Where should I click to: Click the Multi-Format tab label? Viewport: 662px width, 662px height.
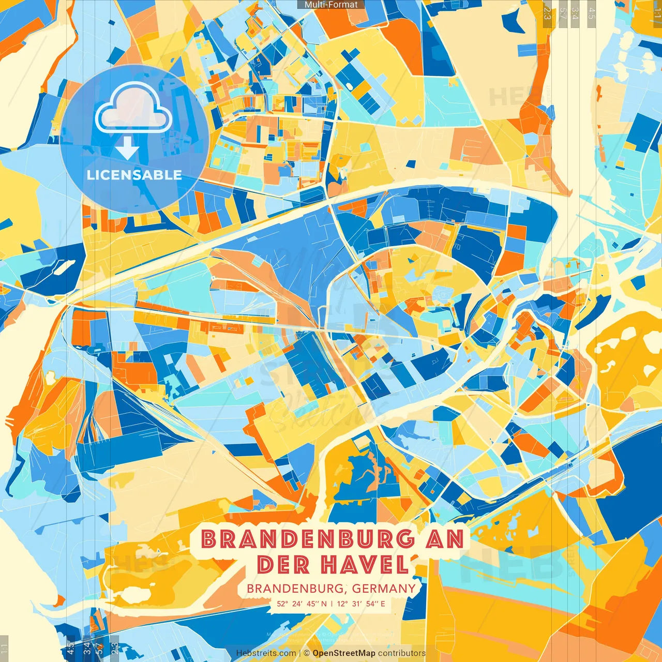(331, 5)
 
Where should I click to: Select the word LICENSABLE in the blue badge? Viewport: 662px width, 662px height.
(134, 175)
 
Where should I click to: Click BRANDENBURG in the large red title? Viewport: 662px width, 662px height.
(308, 539)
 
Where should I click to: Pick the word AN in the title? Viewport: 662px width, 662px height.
(444, 539)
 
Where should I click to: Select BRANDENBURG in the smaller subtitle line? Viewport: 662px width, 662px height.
(294, 589)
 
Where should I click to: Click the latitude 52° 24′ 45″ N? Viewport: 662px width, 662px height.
(302, 604)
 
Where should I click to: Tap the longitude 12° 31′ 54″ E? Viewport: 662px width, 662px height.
(361, 604)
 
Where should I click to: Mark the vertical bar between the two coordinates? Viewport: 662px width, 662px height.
(332, 604)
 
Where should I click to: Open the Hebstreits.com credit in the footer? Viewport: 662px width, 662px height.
(266, 653)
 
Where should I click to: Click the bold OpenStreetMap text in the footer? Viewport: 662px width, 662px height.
(344, 653)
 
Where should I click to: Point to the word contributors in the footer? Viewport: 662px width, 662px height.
(402, 653)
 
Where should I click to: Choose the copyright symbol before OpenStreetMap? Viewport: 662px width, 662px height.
(307, 653)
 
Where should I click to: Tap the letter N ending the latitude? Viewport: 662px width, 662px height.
(324, 604)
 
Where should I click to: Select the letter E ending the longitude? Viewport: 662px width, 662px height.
(383, 604)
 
